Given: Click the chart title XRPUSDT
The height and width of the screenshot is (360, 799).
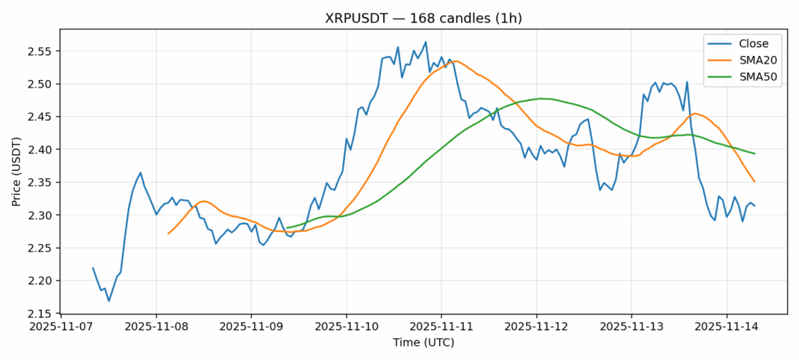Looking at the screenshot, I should pos(423,18).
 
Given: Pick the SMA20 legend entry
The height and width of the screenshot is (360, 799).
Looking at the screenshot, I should pos(748,60).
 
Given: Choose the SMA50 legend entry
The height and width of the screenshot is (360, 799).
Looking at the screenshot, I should pos(748,76).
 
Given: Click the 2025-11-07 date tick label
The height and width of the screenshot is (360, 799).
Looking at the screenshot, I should pos(61,326).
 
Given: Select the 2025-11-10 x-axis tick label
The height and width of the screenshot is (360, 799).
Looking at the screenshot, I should pos(346,326).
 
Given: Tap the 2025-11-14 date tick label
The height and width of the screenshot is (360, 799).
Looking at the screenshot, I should pos(726,326).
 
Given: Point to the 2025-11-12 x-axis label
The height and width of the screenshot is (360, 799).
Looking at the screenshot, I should pos(536,326).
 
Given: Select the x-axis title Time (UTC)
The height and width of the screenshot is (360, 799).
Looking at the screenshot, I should pos(423,343).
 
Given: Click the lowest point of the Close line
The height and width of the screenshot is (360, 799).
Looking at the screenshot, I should pos(109,301).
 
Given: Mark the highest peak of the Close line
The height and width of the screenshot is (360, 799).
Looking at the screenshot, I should pos(426,42).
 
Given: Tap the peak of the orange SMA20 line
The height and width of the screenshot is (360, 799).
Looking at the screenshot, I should pos(455,61).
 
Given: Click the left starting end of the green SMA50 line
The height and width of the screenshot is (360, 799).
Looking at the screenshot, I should pos(287,228).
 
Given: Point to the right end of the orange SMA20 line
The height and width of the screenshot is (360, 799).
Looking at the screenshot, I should pos(754,182).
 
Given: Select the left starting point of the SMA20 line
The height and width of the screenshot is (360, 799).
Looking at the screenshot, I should pos(168,234).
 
